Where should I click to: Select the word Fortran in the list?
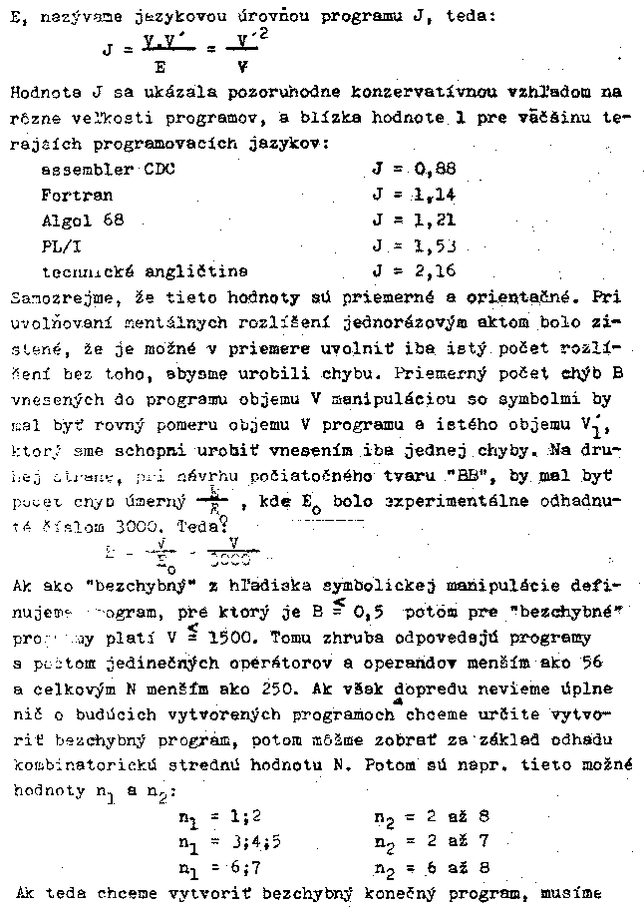pos(77,195)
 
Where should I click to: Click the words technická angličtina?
pos(145,270)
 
